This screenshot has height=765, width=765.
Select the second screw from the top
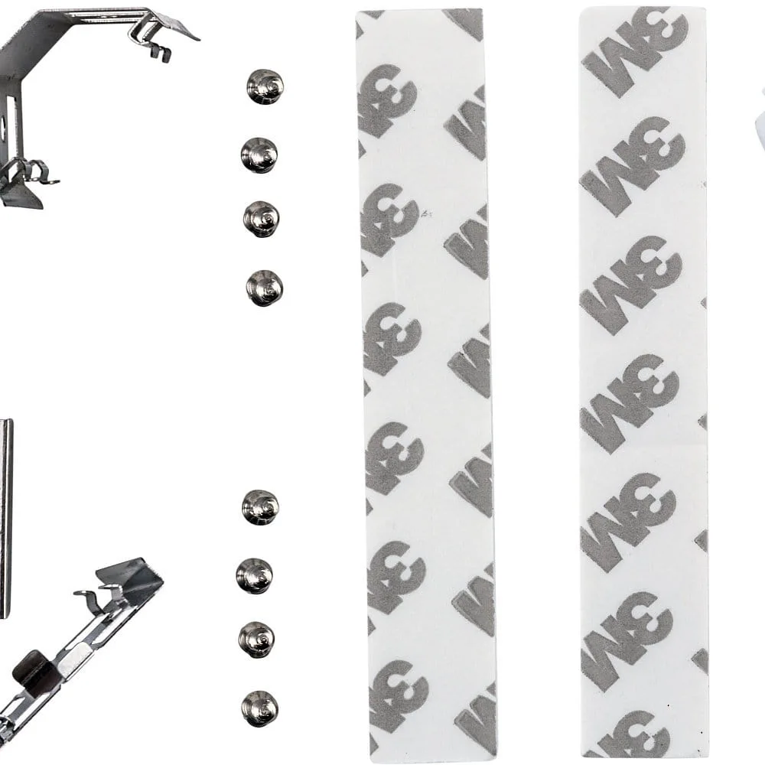(259, 155)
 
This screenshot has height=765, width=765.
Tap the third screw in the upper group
(262, 219)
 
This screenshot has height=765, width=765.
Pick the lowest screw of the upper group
(265, 288)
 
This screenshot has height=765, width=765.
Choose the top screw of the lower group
(260, 507)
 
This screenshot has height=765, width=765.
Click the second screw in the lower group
(254, 576)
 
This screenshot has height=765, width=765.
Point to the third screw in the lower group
(256, 640)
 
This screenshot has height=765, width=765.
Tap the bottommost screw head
(259, 708)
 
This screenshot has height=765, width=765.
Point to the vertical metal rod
(6, 518)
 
